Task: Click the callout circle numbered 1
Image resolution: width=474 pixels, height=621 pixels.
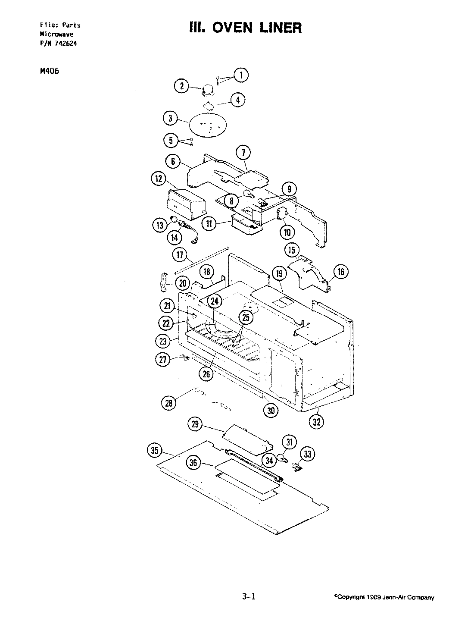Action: pyautogui.click(x=241, y=75)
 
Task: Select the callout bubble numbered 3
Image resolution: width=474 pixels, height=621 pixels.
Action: pyautogui.click(x=171, y=118)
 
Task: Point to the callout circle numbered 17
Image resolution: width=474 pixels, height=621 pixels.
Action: pyautogui.click(x=180, y=254)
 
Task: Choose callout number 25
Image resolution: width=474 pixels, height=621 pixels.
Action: pyautogui.click(x=246, y=318)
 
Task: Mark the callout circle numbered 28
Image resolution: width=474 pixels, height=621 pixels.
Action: pyautogui.click(x=168, y=403)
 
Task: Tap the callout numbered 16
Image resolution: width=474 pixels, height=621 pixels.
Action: pyautogui.click(x=341, y=272)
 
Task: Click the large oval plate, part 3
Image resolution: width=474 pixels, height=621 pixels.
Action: pyautogui.click(x=208, y=125)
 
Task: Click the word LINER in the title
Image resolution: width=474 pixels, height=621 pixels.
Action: pyautogui.click(x=278, y=28)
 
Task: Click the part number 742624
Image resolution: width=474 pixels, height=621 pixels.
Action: pyautogui.click(x=66, y=43)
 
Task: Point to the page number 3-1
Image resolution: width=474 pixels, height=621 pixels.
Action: pyautogui.click(x=249, y=597)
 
